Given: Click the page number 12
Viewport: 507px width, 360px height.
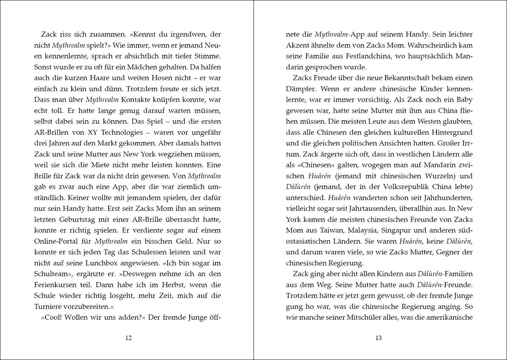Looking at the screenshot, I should click(x=128, y=338).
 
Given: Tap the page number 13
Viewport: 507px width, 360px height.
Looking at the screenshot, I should click(x=378, y=338).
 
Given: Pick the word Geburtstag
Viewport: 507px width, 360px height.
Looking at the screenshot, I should click(x=76, y=219).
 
